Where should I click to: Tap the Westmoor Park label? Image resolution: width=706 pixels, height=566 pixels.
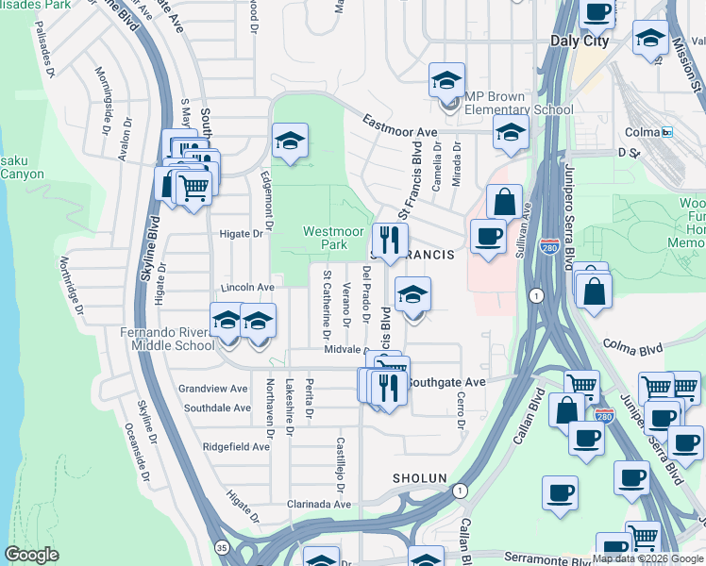tap(326, 238)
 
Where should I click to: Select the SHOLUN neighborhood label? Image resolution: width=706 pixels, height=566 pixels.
tap(419, 478)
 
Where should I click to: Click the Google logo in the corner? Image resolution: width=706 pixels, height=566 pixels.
tap(31, 555)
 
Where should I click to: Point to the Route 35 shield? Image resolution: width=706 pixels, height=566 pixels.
tap(221, 545)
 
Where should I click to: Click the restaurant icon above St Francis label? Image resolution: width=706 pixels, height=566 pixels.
tap(386, 239)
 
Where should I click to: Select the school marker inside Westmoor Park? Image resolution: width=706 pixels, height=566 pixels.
tap(290, 141)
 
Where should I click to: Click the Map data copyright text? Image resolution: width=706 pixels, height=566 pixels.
tap(648, 558)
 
